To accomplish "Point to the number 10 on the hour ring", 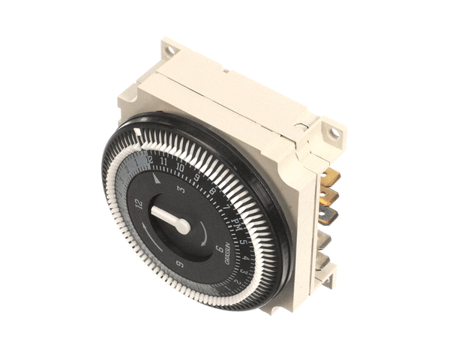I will [180, 167].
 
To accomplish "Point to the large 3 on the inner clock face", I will [181, 188].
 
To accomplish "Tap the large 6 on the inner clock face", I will [217, 250].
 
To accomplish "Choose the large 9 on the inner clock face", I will [178, 263].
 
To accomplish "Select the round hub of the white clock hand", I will [183, 226].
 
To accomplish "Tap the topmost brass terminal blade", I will [330, 177].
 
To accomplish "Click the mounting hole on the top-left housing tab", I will [171, 50].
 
